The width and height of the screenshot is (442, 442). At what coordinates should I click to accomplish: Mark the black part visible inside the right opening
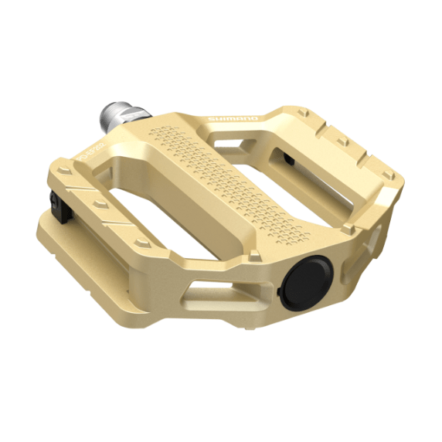point(287,159)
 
